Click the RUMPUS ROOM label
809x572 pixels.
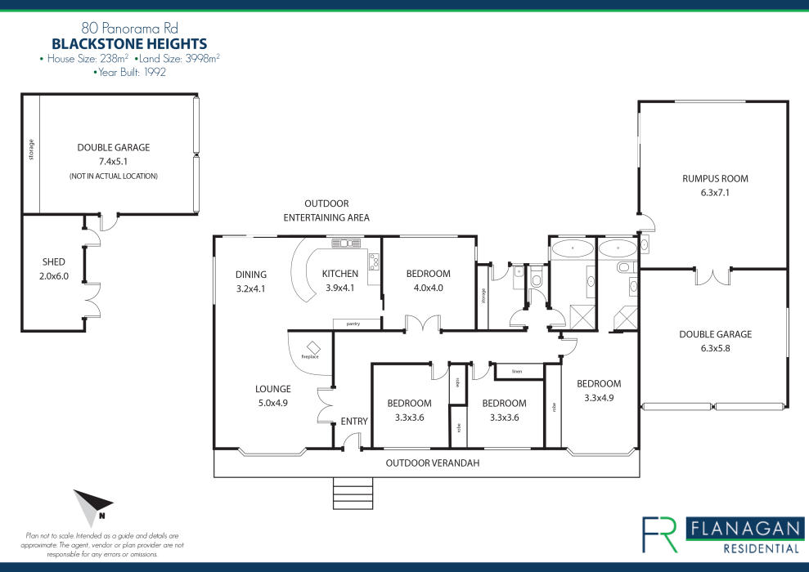pos(715,179)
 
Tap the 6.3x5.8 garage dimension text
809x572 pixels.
pos(715,348)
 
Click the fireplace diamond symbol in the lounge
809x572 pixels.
pos(312,347)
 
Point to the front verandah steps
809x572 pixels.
pos(353,494)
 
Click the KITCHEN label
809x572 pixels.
pos(340,274)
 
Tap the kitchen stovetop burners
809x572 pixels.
pos(374,261)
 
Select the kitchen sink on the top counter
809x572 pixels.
pos(346,244)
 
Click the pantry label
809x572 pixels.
pos(353,324)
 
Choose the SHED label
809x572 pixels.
pos(54,261)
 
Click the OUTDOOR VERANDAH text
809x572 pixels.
pos(433,463)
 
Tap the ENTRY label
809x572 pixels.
pos(354,422)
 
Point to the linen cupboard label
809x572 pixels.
pos(517,372)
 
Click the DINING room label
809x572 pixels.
pos(251,275)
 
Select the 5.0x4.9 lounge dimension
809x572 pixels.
pos(273,403)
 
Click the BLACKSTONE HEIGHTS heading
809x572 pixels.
pos(129,44)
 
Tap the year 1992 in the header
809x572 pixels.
pos(155,73)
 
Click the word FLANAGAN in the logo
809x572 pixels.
pos(745,530)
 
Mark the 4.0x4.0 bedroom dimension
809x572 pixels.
pos(429,288)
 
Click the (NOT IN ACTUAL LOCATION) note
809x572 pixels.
pos(114,177)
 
